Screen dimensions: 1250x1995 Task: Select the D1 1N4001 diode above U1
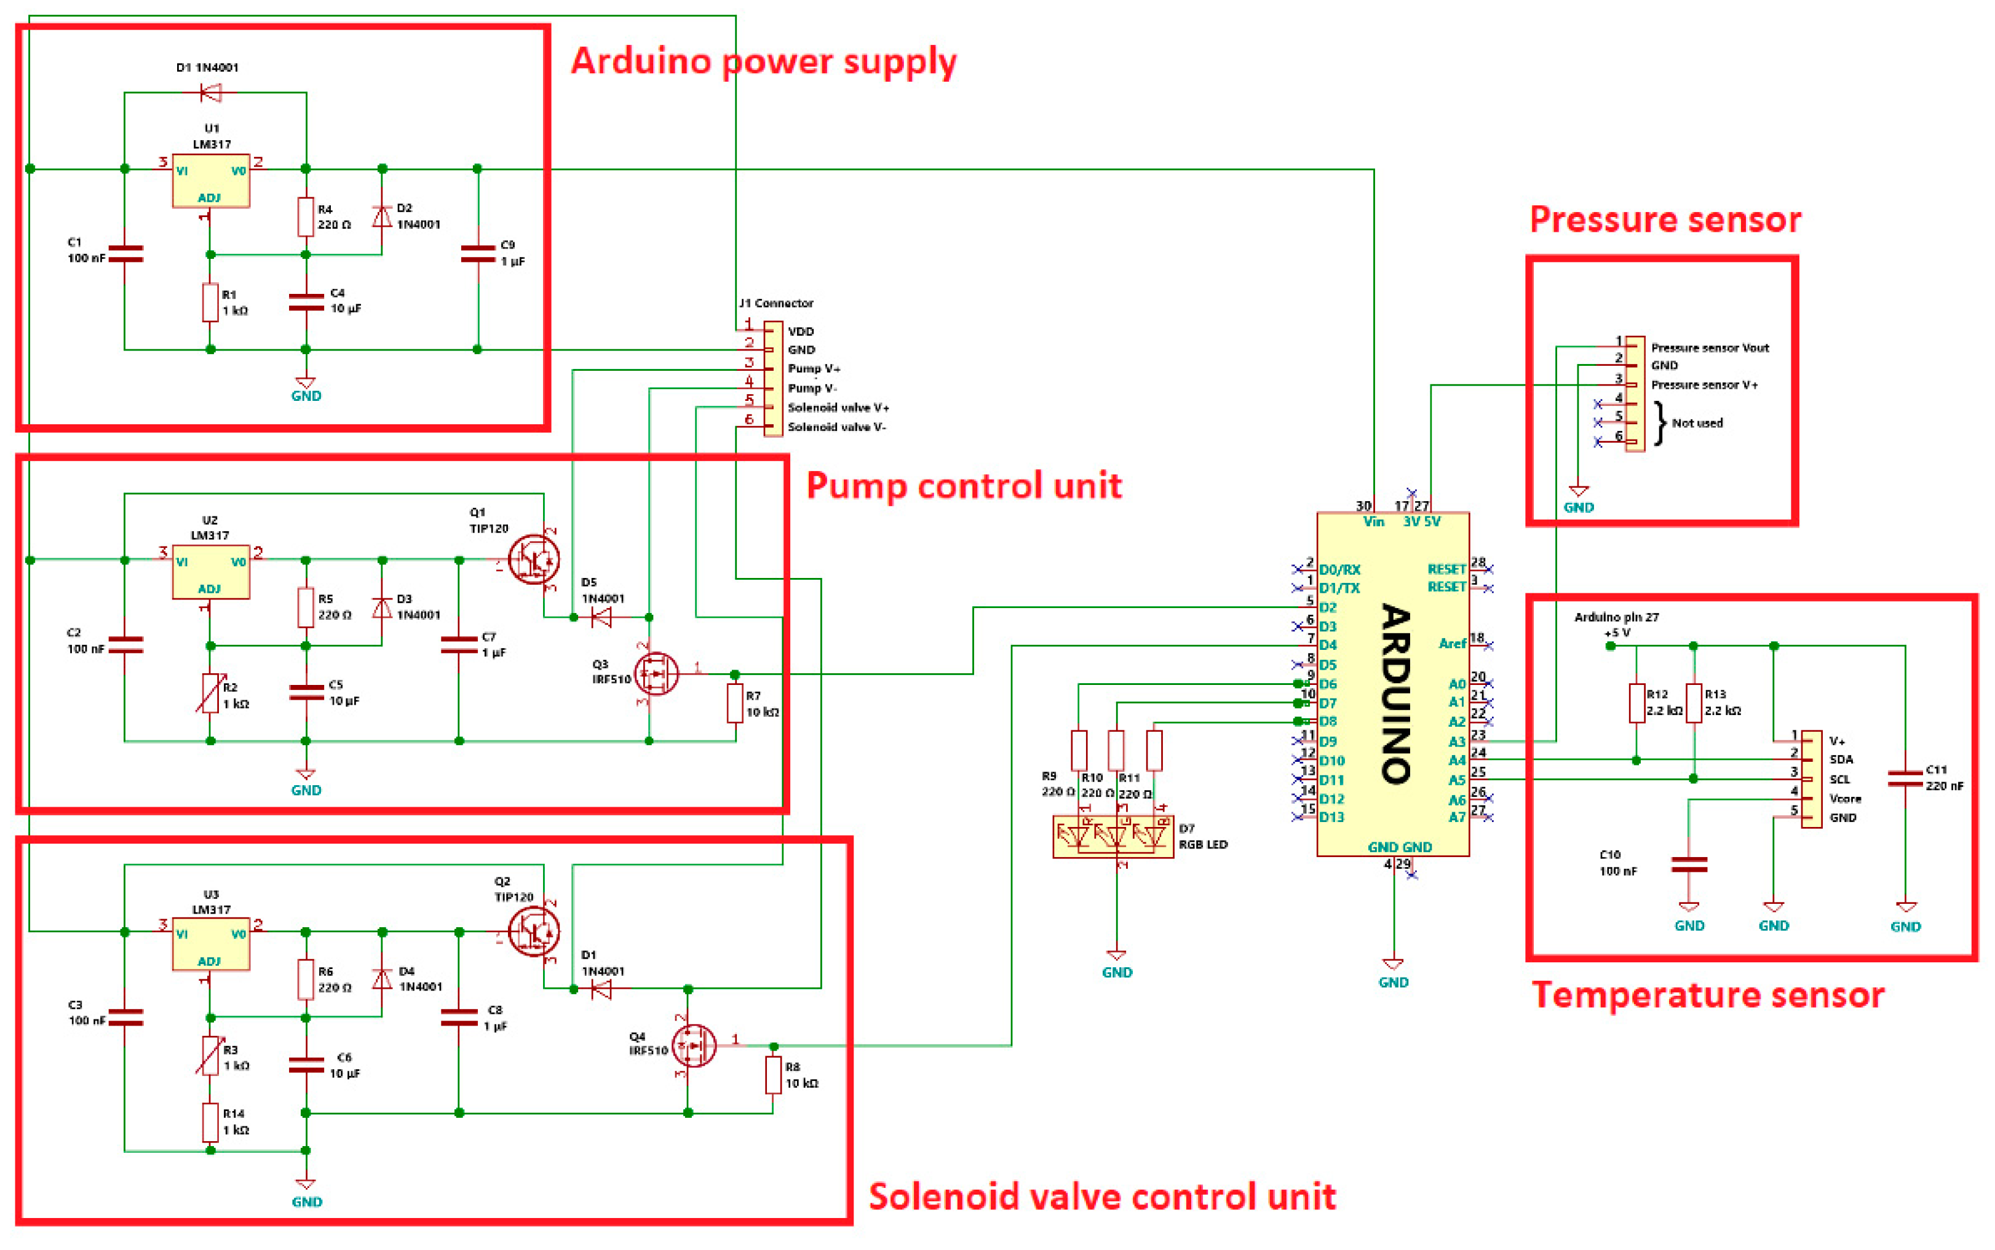click(211, 93)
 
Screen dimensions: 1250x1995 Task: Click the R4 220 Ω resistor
click(305, 216)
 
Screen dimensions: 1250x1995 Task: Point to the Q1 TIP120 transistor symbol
click(533, 560)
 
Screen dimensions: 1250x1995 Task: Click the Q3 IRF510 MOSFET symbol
click(656, 674)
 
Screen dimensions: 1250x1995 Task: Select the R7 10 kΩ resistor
click(734, 703)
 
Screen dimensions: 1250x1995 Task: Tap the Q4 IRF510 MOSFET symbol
click(694, 1046)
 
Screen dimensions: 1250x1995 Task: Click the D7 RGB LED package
click(1113, 837)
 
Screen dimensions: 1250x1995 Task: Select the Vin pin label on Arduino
click(1373, 521)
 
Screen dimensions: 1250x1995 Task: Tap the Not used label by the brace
click(1697, 423)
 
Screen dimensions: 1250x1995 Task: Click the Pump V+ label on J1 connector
click(814, 369)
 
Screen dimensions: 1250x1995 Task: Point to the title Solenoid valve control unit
click(1101, 1197)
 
